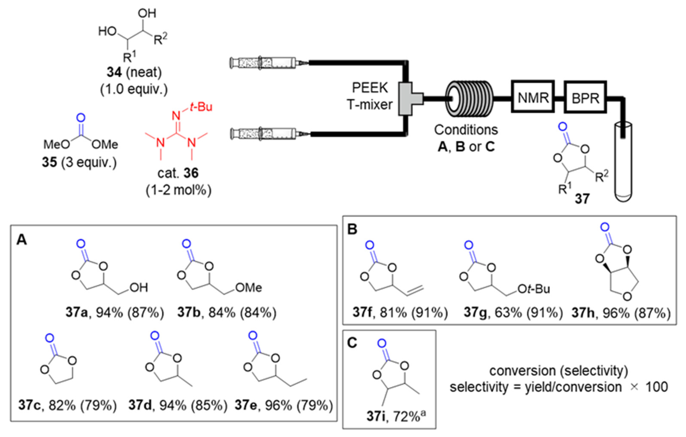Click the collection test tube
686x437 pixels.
(623, 162)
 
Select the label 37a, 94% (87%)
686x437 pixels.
(115, 313)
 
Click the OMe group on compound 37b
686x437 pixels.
(249, 288)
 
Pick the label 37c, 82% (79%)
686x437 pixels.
(67, 405)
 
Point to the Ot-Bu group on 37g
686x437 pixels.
(533, 289)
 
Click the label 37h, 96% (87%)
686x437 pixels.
(621, 313)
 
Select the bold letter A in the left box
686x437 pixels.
(22, 240)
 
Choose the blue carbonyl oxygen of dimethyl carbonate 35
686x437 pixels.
(81, 118)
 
